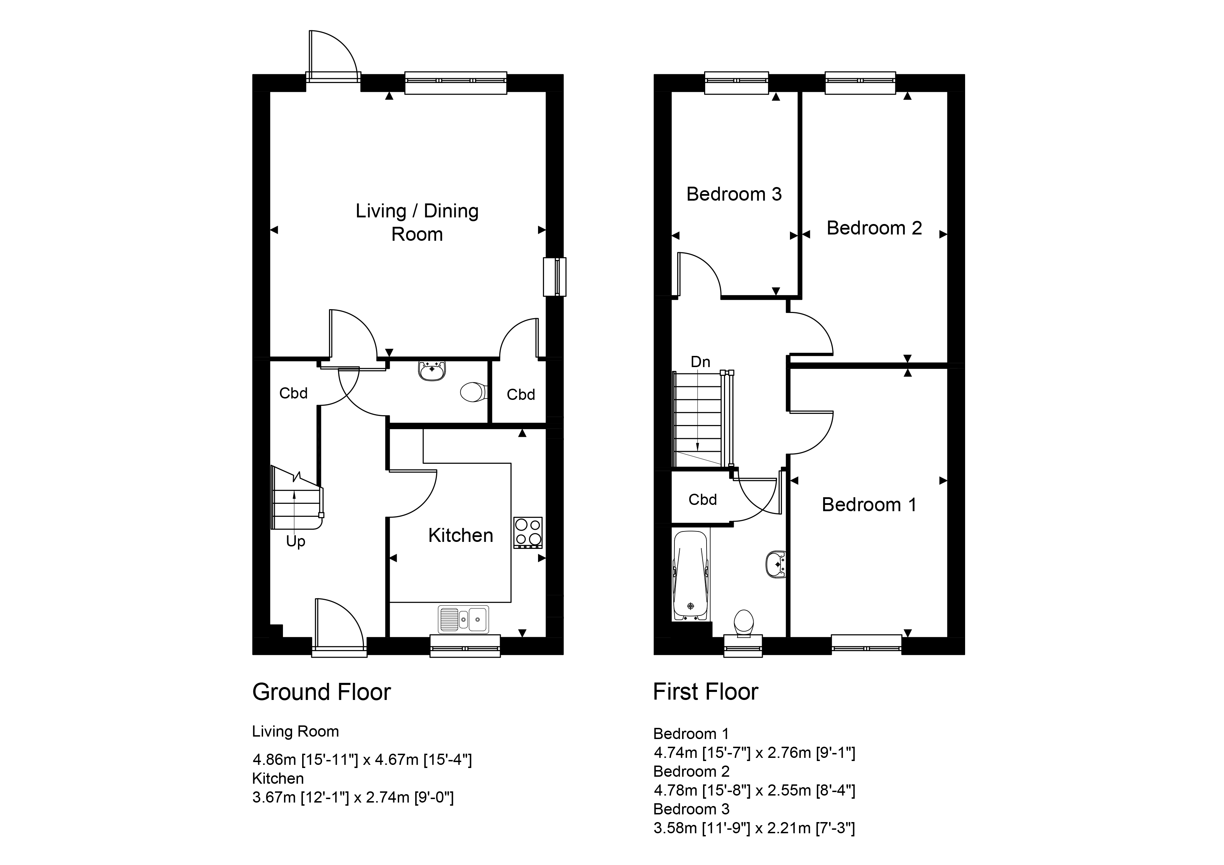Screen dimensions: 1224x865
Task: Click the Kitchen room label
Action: coord(461,535)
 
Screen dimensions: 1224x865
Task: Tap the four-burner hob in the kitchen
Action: coord(528,532)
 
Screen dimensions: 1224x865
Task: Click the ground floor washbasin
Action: coord(432,371)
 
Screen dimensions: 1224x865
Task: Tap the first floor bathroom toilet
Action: coord(744,623)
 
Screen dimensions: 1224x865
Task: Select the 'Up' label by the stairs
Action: coord(295,542)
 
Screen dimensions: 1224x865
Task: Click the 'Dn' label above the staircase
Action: coord(701,362)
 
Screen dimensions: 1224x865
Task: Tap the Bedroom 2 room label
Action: coord(874,228)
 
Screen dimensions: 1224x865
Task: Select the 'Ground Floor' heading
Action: coord(321,692)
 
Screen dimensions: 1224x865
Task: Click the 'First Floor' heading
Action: coord(705,692)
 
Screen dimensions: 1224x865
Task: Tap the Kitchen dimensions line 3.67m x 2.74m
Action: coord(353,797)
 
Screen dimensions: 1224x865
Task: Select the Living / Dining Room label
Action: coord(417,222)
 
